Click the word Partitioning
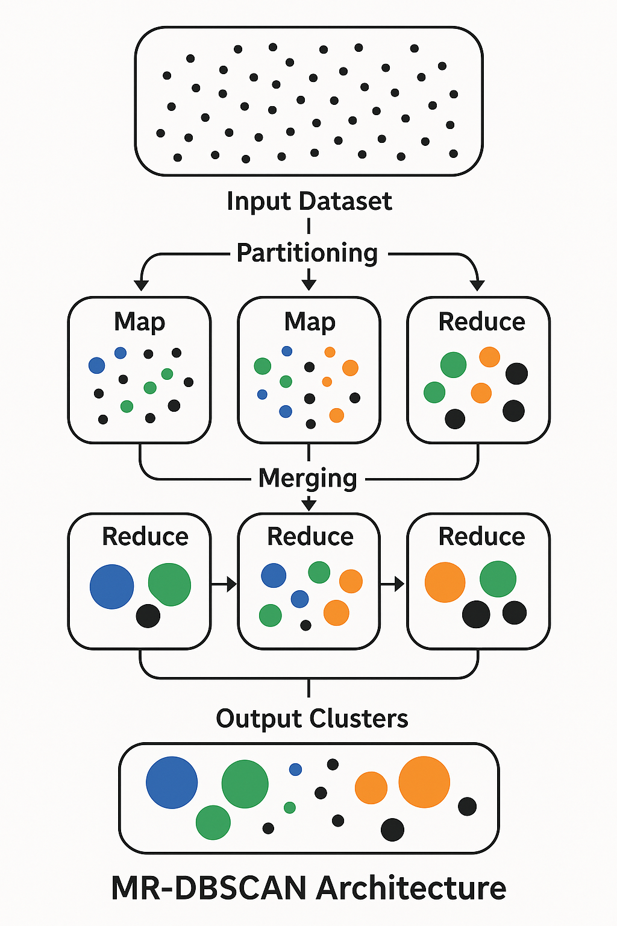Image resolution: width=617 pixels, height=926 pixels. [307, 253]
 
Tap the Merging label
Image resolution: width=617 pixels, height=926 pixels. [308, 479]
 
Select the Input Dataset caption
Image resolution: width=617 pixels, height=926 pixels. [309, 201]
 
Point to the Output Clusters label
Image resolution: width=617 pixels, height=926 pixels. [312, 719]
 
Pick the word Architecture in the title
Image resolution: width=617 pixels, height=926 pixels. [411, 888]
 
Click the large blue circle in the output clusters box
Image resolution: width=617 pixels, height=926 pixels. [172, 783]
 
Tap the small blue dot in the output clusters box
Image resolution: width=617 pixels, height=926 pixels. [295, 769]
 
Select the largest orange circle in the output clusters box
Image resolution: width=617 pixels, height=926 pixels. [424, 782]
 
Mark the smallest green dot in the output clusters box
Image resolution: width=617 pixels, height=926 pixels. [290, 807]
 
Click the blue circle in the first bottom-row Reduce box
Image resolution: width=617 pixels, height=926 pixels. [111, 587]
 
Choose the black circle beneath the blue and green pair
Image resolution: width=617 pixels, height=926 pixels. [148, 616]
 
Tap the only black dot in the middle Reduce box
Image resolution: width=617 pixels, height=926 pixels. [305, 625]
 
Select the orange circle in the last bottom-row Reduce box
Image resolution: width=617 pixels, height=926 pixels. [445, 582]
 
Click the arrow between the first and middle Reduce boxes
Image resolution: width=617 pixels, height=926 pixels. [224, 584]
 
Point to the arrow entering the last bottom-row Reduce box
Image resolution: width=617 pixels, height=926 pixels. [393, 584]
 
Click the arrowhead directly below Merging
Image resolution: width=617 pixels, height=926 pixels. [308, 505]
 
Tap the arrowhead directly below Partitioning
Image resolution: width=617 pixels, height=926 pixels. [308, 284]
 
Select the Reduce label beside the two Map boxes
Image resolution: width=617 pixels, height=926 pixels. [481, 322]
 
